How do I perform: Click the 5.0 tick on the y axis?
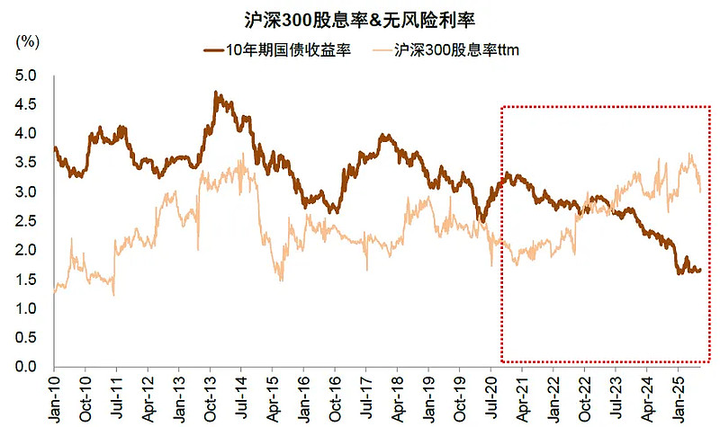click(x=27, y=76)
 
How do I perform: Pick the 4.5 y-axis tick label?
click(x=27, y=104)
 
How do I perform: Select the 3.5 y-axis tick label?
click(x=27, y=163)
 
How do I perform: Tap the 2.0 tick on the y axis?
click(x=27, y=250)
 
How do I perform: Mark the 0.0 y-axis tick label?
click(x=27, y=367)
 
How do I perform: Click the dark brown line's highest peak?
click(x=217, y=92)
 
